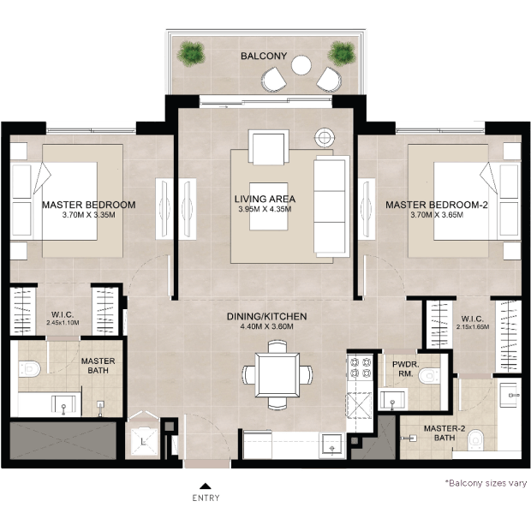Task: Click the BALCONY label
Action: (264, 56)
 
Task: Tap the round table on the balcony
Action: (301, 65)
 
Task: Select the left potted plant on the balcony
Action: (191, 54)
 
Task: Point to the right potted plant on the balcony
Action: (342, 54)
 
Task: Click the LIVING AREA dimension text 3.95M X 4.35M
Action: (265, 209)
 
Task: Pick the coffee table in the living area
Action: (269, 206)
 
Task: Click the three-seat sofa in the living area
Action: (331, 206)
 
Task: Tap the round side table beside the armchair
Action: (325, 138)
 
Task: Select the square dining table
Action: (277, 375)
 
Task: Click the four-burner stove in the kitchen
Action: (361, 367)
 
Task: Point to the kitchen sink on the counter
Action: (331, 445)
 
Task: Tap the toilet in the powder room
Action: (429, 376)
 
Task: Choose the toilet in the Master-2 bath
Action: (476, 440)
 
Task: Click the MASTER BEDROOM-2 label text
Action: (437, 205)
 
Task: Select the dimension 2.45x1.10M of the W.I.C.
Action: (63, 323)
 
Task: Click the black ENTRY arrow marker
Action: (206, 486)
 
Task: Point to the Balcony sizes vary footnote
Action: (486, 483)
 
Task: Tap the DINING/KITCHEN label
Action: (266, 317)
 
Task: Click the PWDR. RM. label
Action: (406, 369)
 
